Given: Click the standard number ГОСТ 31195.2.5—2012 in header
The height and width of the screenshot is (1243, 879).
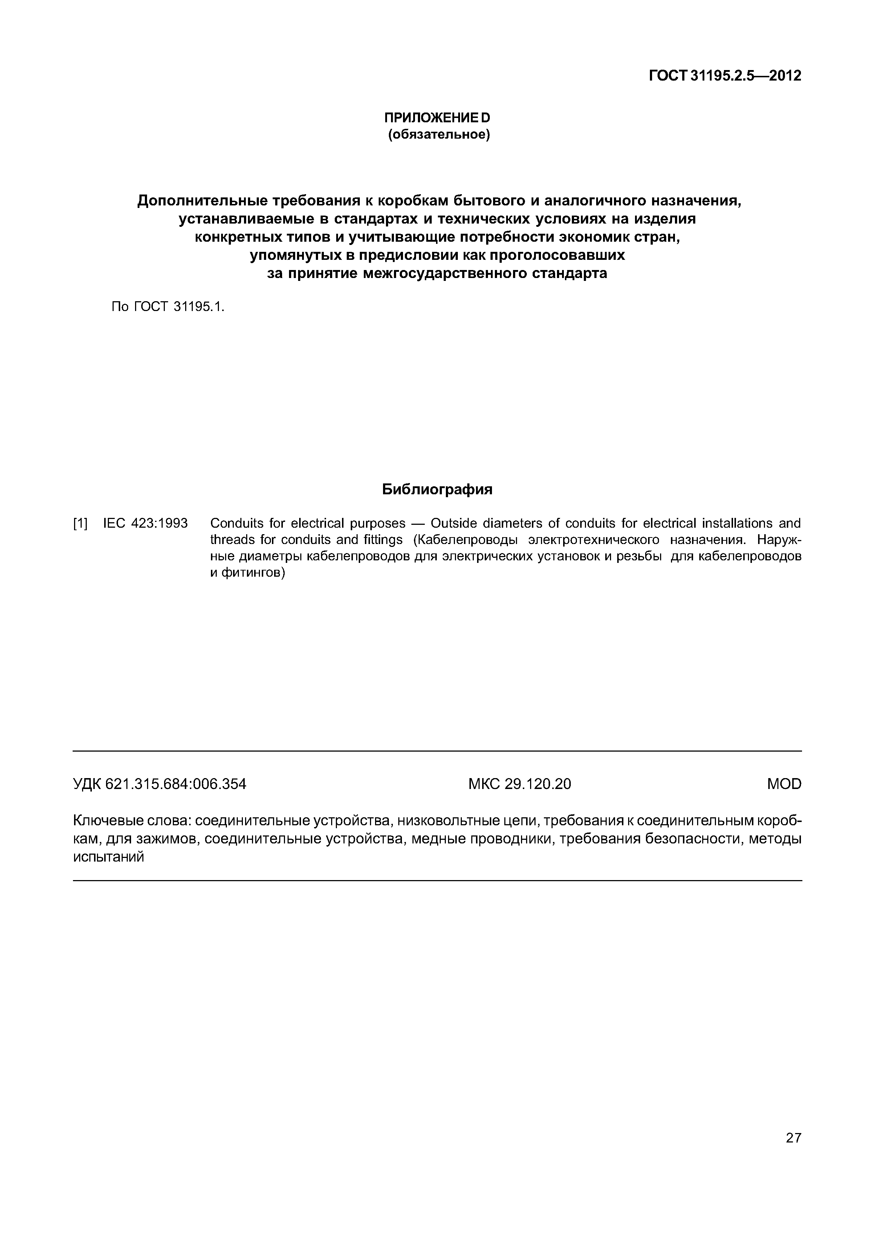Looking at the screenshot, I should pyautogui.click(x=725, y=76).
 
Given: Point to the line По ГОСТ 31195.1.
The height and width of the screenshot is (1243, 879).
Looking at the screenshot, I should pyautogui.click(x=167, y=307).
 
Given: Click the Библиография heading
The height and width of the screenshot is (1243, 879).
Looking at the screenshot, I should pyautogui.click(x=437, y=490).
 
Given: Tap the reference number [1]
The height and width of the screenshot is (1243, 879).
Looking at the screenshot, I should pyautogui.click(x=80, y=523).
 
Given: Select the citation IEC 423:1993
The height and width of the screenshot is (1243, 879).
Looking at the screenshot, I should pyautogui.click(x=145, y=523).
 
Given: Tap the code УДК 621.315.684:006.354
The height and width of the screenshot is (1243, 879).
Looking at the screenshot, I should pyautogui.click(x=159, y=784).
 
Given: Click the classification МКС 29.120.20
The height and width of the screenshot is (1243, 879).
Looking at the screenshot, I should pyautogui.click(x=520, y=784).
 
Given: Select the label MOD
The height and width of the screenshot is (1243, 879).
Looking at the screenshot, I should pyautogui.click(x=784, y=784).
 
